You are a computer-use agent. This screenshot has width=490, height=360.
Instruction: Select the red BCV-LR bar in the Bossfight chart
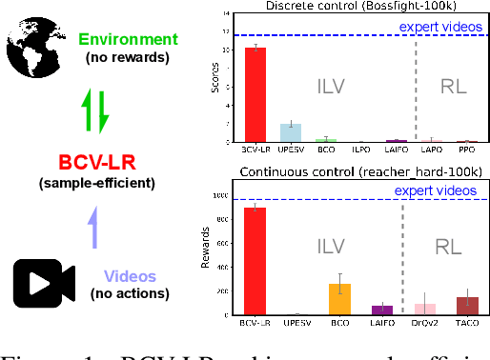[256, 94]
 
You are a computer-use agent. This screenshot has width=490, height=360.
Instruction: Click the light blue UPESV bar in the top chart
[291, 132]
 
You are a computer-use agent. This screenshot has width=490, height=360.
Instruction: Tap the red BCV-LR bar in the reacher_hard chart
[256, 261]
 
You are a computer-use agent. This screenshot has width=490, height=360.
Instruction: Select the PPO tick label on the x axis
[466, 150]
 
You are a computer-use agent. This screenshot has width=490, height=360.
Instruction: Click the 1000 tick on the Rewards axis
[220, 196]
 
